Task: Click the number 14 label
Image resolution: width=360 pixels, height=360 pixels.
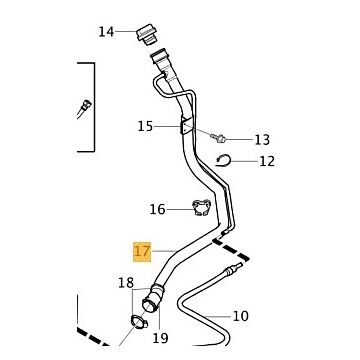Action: click(x=106, y=32)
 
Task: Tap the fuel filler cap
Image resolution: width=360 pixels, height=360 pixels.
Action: click(x=147, y=34)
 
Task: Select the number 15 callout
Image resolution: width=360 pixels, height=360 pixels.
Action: click(x=145, y=127)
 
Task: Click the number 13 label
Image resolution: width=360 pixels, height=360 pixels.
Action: click(x=262, y=140)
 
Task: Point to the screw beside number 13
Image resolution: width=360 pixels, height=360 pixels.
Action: click(x=219, y=137)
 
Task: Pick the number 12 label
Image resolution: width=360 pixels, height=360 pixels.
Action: click(x=267, y=161)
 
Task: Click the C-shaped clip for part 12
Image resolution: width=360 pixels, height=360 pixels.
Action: click(x=223, y=160)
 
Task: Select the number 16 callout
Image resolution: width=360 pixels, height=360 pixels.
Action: click(x=158, y=210)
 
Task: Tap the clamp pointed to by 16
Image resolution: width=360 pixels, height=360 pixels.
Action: click(x=202, y=207)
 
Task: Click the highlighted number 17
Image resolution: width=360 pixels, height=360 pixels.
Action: click(x=142, y=251)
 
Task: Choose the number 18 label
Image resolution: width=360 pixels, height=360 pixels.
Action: click(x=126, y=283)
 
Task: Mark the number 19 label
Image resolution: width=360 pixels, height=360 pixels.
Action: click(x=160, y=338)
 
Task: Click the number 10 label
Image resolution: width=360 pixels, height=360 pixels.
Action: click(x=241, y=316)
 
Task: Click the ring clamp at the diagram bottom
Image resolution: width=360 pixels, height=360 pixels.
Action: click(x=139, y=321)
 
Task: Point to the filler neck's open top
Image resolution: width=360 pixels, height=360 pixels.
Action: click(x=160, y=53)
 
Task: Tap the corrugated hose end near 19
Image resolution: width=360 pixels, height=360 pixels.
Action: click(x=153, y=298)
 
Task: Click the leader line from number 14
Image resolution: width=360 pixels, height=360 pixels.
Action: click(x=126, y=32)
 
